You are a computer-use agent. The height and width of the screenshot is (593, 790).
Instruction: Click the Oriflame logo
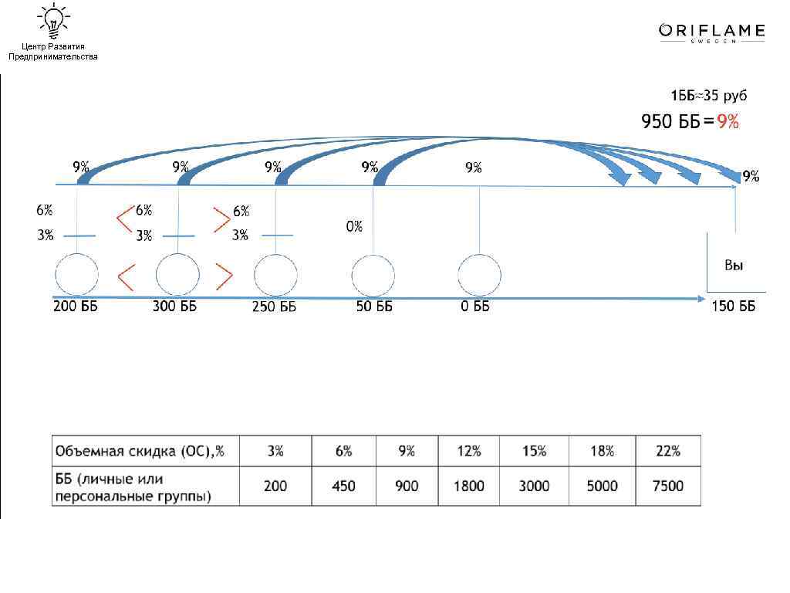712,32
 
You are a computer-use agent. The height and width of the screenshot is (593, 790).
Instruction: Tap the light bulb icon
53,21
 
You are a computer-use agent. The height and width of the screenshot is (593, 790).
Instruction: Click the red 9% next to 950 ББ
728,121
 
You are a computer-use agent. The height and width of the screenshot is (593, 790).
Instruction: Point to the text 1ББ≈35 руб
708,95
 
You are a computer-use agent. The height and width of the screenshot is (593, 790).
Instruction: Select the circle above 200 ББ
76,275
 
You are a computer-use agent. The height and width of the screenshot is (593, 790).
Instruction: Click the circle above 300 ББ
178,275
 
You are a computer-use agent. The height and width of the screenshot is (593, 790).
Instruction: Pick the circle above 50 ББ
373,276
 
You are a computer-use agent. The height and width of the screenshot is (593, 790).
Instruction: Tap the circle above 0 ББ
479,276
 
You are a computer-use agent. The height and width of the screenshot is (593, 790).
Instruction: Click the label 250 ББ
274,307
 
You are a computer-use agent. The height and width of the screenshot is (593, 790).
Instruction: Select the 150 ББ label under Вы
733,306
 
